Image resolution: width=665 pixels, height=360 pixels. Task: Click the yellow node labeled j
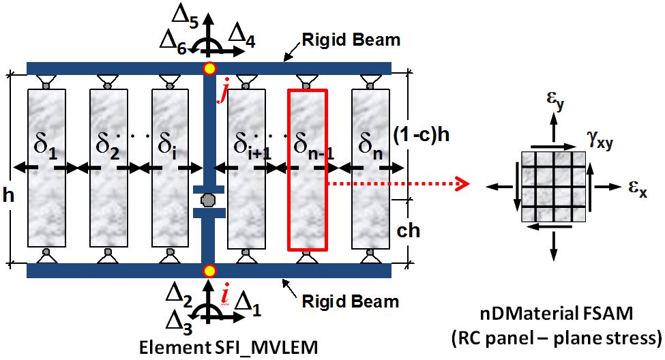coord(209,68)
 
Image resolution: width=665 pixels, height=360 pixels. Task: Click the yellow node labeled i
coord(209,271)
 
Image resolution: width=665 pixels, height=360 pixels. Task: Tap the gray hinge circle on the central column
coord(208,200)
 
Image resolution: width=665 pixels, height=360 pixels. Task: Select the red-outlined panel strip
coord(308,170)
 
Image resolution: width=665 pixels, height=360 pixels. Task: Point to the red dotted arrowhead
coord(464,184)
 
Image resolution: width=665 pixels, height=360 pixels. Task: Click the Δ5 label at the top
coord(186,17)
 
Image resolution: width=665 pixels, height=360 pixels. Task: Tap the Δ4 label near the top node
coord(241,35)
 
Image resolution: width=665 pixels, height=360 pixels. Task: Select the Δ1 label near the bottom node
coord(248,305)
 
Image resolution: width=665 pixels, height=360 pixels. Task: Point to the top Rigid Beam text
coord(351,40)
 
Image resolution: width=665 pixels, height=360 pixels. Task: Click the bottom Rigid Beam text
coord(351,301)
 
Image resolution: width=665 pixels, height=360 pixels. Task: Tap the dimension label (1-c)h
coord(421,135)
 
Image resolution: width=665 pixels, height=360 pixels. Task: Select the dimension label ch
coord(409,230)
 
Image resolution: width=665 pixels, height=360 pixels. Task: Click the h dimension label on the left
coord(8,195)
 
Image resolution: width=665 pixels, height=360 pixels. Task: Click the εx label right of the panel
coord(638,188)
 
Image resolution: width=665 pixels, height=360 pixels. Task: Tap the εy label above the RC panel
coord(555,100)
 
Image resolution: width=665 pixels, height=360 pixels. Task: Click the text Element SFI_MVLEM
coord(228,348)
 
